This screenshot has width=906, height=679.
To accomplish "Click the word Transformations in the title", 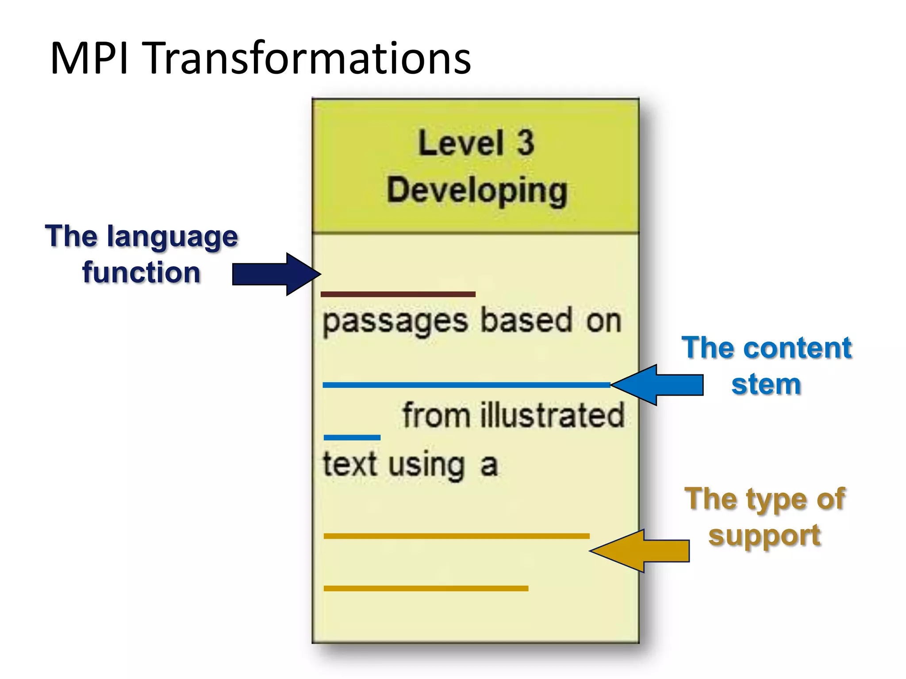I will [308, 59].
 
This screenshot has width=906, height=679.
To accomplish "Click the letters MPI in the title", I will [89, 59].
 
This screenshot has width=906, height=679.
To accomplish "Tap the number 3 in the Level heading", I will [526, 143].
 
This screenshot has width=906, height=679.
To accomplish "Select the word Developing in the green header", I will [477, 190].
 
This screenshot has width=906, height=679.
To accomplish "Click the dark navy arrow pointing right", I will [274, 274].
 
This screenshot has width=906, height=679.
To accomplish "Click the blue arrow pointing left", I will [659, 385].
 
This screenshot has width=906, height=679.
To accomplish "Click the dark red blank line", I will [398, 294].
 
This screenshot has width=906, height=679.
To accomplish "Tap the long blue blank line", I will [466, 385].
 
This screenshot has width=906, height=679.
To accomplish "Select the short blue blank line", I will [352, 438].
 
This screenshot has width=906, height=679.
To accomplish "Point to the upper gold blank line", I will [456, 536].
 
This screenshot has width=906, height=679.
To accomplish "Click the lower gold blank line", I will [426, 588].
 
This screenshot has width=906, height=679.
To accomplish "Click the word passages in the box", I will [395, 321].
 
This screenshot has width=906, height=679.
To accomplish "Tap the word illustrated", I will [552, 416].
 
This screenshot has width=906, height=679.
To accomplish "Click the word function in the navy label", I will [142, 272].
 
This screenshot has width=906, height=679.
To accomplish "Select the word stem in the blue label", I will [766, 384].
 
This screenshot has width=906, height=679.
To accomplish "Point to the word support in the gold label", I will [764, 536].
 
